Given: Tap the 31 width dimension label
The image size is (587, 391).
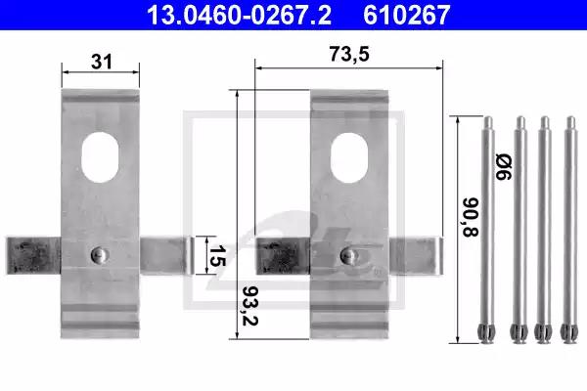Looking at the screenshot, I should point(101,62).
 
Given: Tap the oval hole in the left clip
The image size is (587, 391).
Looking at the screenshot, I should point(101,157).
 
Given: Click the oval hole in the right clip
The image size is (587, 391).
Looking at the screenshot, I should point(350,157).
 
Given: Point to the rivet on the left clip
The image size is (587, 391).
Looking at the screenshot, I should point(97,254).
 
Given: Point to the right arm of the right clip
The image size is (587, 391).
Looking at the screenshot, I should point(416,255).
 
